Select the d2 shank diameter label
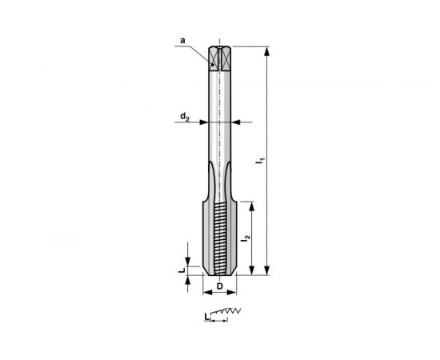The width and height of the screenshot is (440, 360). point(185,118)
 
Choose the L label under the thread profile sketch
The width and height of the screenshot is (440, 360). point(207,318)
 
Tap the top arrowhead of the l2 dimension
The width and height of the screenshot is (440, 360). point(254,204)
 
